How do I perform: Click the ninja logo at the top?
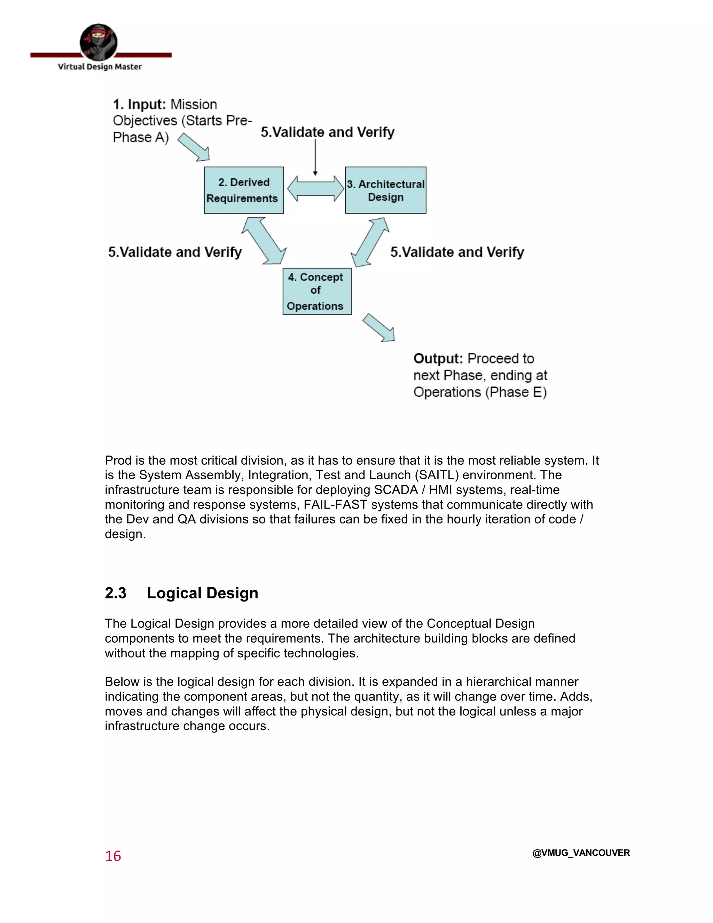[x=99, y=42]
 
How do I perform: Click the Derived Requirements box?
[x=244, y=190]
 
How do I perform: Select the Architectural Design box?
[x=386, y=190]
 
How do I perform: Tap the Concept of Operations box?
[x=317, y=291]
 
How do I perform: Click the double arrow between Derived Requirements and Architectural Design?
[x=315, y=188]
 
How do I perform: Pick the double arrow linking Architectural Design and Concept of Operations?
[x=370, y=242]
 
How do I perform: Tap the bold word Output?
[x=438, y=358]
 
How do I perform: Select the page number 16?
[x=113, y=856]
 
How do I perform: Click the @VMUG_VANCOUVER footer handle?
[x=581, y=853]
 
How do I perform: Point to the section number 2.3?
[x=115, y=593]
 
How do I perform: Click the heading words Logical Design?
[x=202, y=593]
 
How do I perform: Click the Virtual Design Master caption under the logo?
[x=100, y=67]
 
